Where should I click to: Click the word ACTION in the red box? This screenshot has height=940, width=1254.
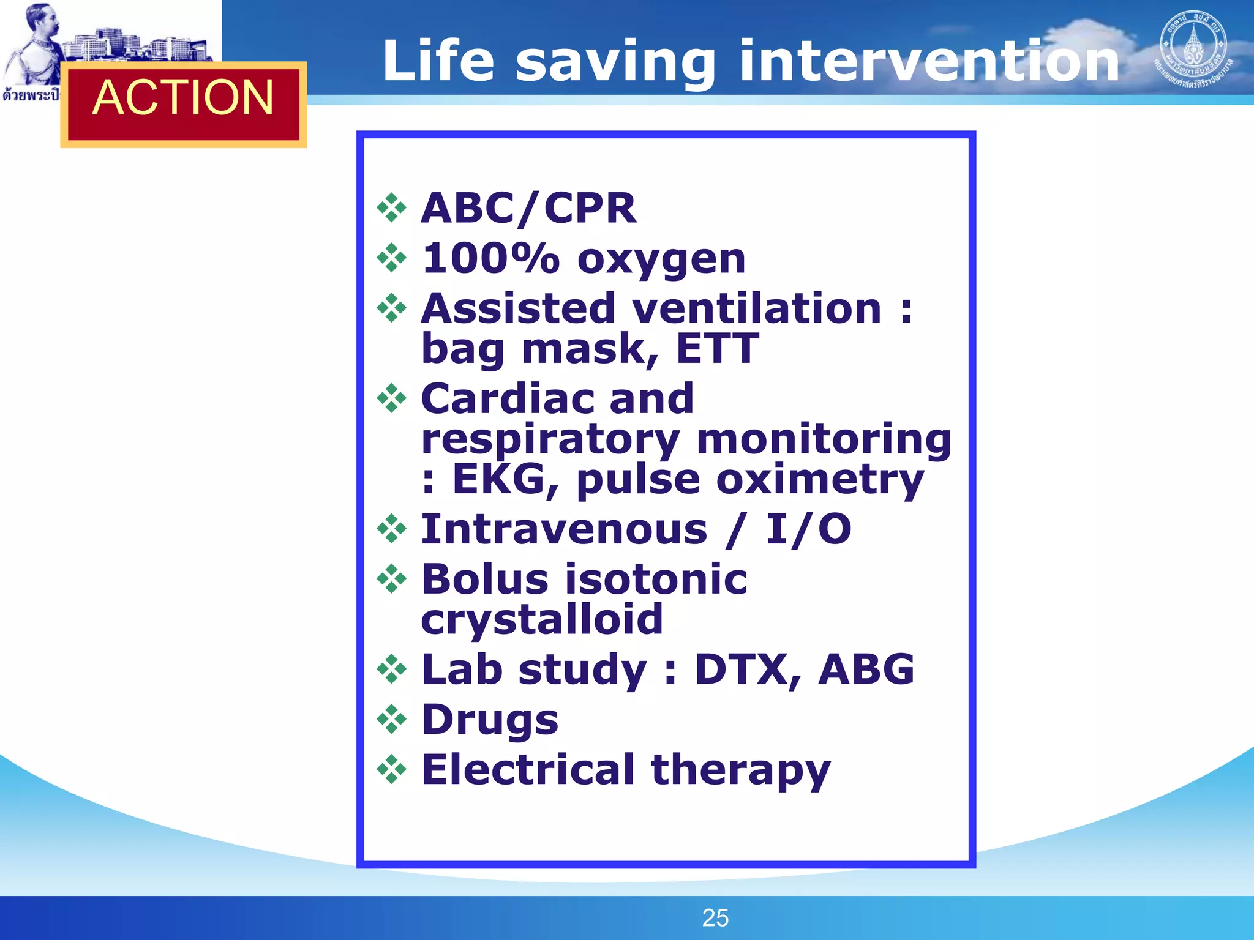coord(183,98)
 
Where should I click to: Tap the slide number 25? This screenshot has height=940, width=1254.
coord(715,918)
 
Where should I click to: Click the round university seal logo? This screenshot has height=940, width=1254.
coord(1193,49)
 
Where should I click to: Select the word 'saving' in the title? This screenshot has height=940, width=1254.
coord(615,61)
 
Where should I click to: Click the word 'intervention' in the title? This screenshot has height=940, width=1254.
coord(929,61)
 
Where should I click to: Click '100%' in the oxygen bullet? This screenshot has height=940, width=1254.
coord(490,258)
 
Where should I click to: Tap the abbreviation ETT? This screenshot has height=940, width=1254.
coord(717,349)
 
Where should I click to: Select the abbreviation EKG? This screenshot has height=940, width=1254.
coord(498,479)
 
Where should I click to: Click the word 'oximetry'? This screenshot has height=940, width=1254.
coord(820,479)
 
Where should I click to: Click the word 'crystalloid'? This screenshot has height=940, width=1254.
coord(542,619)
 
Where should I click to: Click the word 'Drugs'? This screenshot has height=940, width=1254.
coord(490,720)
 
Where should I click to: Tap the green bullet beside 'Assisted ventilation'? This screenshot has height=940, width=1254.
coord(392,308)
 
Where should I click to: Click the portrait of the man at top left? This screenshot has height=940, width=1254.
coord(34,43)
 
